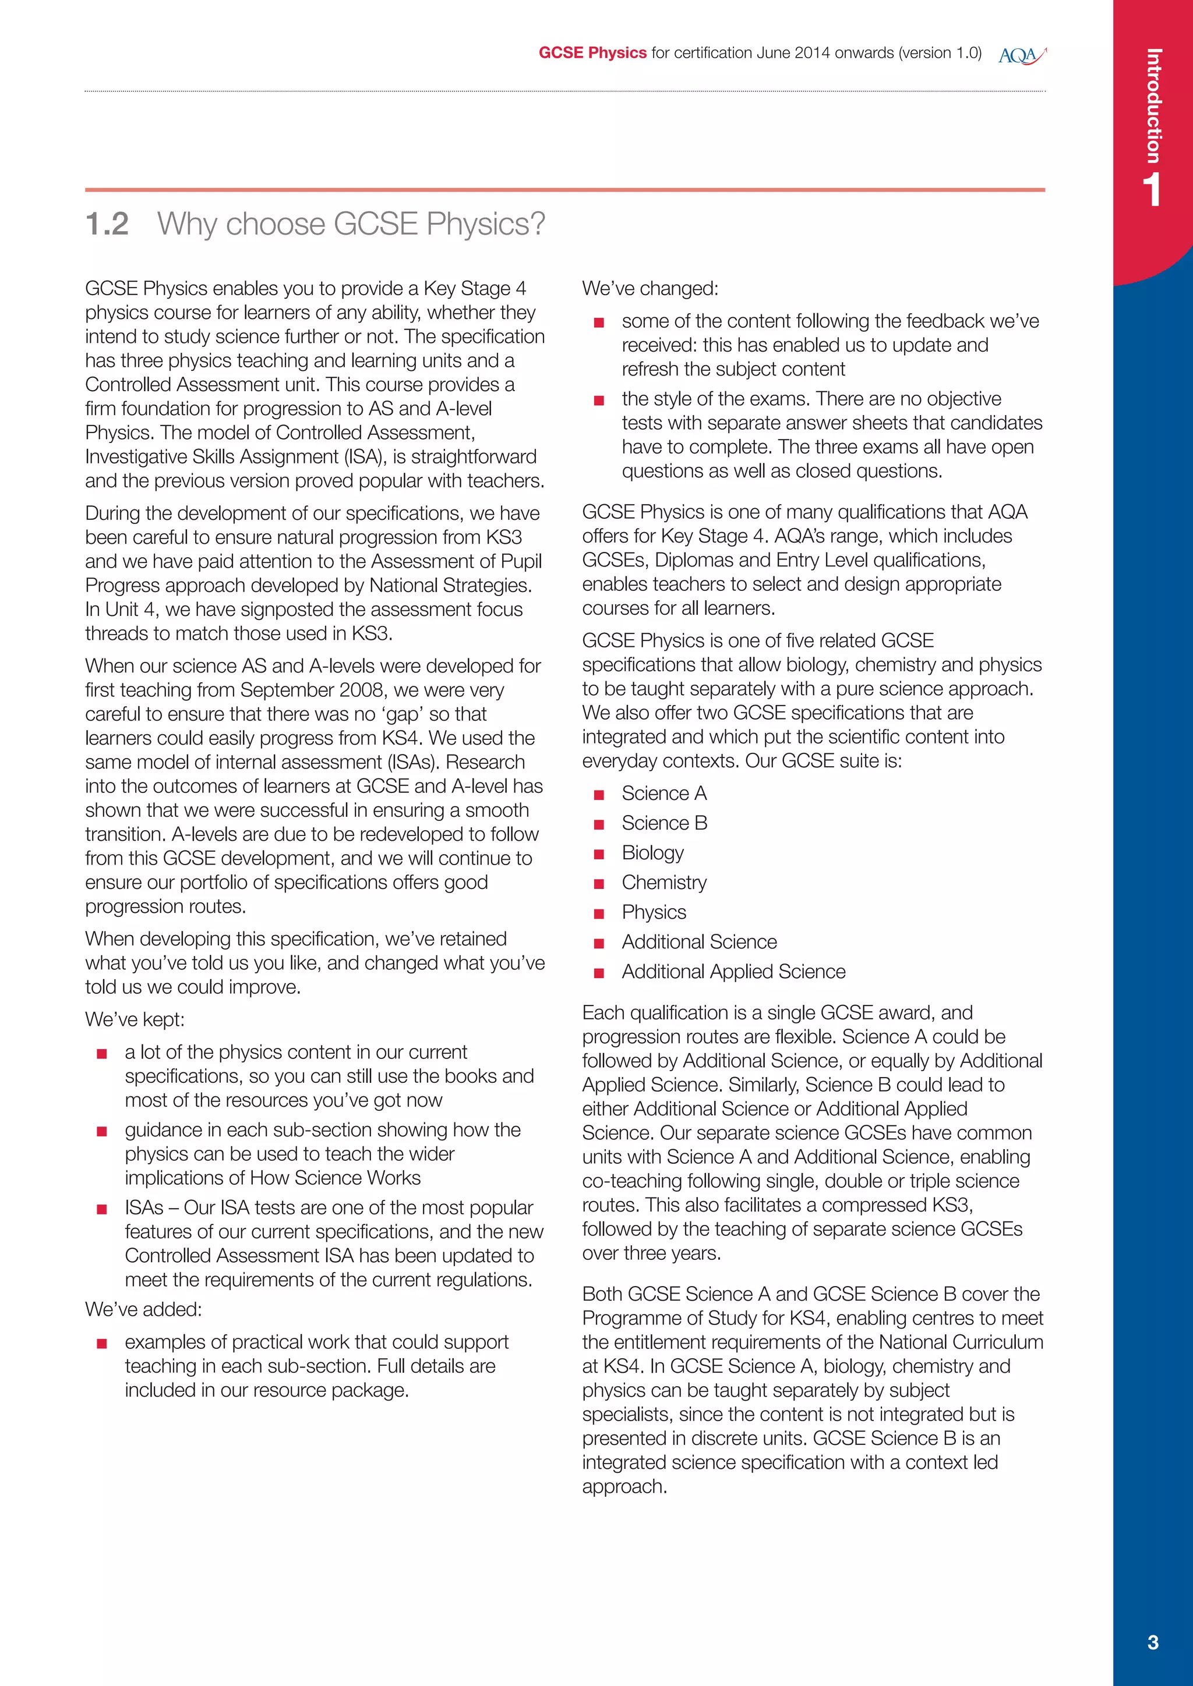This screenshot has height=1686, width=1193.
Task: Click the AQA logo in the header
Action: click(1022, 55)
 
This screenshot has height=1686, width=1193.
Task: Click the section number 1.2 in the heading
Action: click(107, 224)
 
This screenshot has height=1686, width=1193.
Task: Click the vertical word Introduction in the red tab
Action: click(1153, 106)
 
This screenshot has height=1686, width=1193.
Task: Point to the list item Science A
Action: click(664, 793)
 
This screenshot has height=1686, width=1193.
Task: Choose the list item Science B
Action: click(664, 823)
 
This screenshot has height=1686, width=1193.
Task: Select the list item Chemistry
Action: click(664, 883)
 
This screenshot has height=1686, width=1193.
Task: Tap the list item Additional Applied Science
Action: click(733, 972)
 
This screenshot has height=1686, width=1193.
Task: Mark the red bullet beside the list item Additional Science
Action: click(599, 944)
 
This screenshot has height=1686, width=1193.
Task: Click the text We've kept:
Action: click(135, 1019)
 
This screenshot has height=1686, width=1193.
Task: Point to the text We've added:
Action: click(143, 1309)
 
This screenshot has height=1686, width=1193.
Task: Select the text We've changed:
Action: click(650, 289)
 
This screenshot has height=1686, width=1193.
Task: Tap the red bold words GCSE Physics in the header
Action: click(592, 53)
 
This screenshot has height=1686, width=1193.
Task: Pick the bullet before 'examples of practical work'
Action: click(102, 1344)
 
